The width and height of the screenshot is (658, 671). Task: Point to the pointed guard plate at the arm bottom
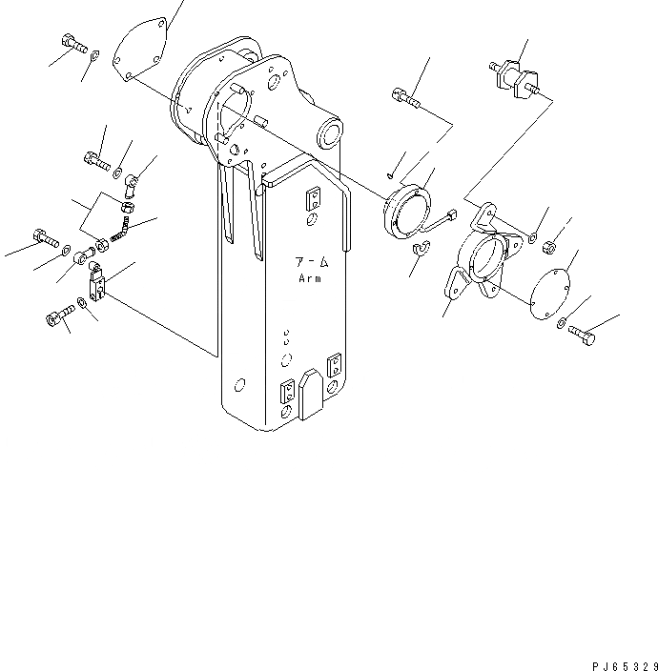312,392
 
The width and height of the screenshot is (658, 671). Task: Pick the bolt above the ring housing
402,94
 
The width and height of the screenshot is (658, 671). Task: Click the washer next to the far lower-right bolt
562,323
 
